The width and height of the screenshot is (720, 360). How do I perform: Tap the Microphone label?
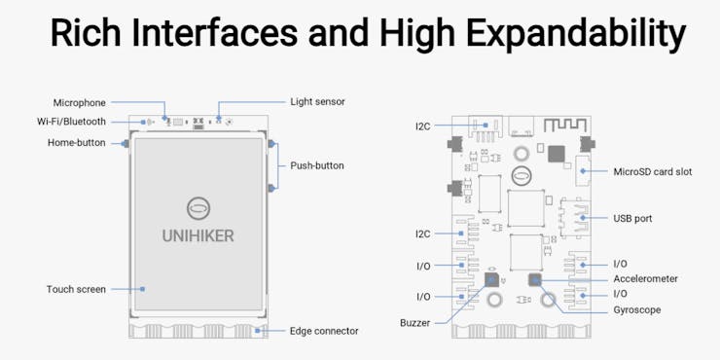[x=80, y=102]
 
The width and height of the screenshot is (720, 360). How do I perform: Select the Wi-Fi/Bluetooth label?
[x=71, y=122]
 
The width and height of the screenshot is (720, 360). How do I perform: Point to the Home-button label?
[x=77, y=143]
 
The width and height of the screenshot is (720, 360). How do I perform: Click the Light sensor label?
[x=317, y=101]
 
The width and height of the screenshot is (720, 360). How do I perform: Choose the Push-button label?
[x=317, y=165]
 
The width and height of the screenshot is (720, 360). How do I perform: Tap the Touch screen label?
[x=76, y=289]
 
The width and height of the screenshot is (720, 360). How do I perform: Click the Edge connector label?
[x=324, y=331]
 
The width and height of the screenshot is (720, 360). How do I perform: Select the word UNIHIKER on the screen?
[x=198, y=236]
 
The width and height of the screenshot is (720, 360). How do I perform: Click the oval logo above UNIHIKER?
[x=198, y=208]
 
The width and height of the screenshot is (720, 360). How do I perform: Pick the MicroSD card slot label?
[x=653, y=172]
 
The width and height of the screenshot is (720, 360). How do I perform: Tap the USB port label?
[x=632, y=218]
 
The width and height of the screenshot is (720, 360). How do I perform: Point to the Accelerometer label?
[x=646, y=278]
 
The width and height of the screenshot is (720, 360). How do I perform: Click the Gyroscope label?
[x=637, y=310]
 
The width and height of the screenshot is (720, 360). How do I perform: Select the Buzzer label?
[x=415, y=323]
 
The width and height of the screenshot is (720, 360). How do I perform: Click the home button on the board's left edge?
[x=126, y=144]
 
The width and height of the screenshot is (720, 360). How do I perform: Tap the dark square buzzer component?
[x=491, y=279]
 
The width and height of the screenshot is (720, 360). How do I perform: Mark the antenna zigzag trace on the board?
[x=565, y=125]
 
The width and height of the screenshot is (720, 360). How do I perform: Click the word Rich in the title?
[x=85, y=33]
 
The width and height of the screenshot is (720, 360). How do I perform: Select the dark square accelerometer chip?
[x=534, y=279]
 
